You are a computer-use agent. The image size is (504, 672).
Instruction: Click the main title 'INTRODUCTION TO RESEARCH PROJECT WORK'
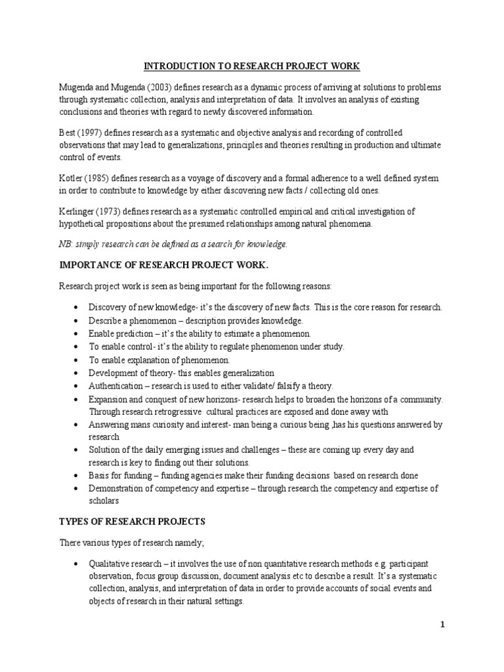tap(252, 66)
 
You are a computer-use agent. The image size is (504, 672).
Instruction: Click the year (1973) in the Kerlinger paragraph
tap(113, 212)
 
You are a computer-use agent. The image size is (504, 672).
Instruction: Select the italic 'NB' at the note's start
tap(66, 244)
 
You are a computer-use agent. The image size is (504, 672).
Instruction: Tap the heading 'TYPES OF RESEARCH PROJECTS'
tap(132, 522)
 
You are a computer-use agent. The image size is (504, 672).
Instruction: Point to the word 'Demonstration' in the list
tap(117, 489)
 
